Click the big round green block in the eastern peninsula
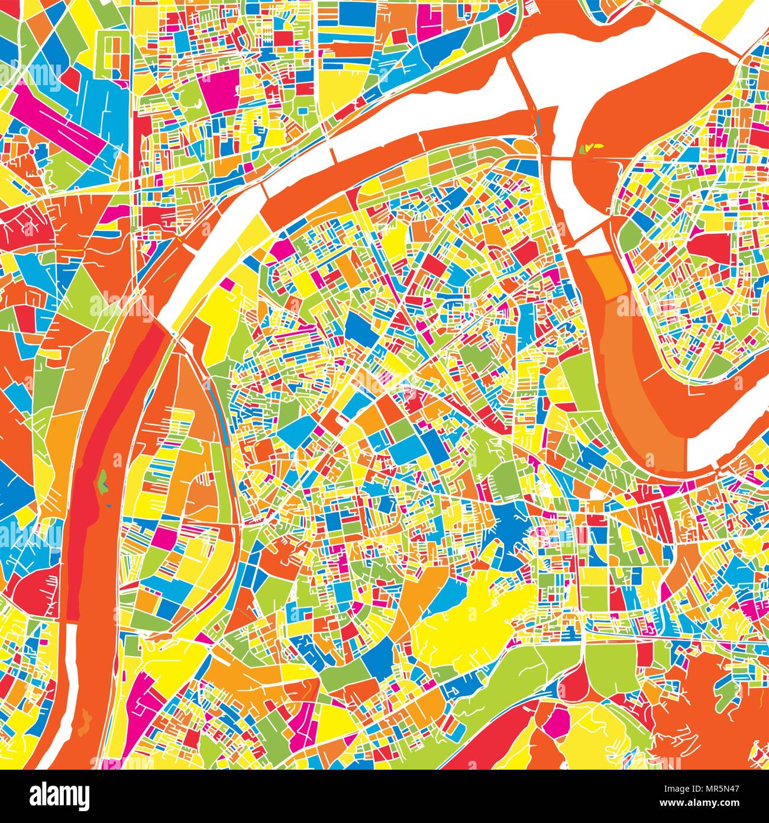coord(632,237)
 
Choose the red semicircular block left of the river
coord(33,592)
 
